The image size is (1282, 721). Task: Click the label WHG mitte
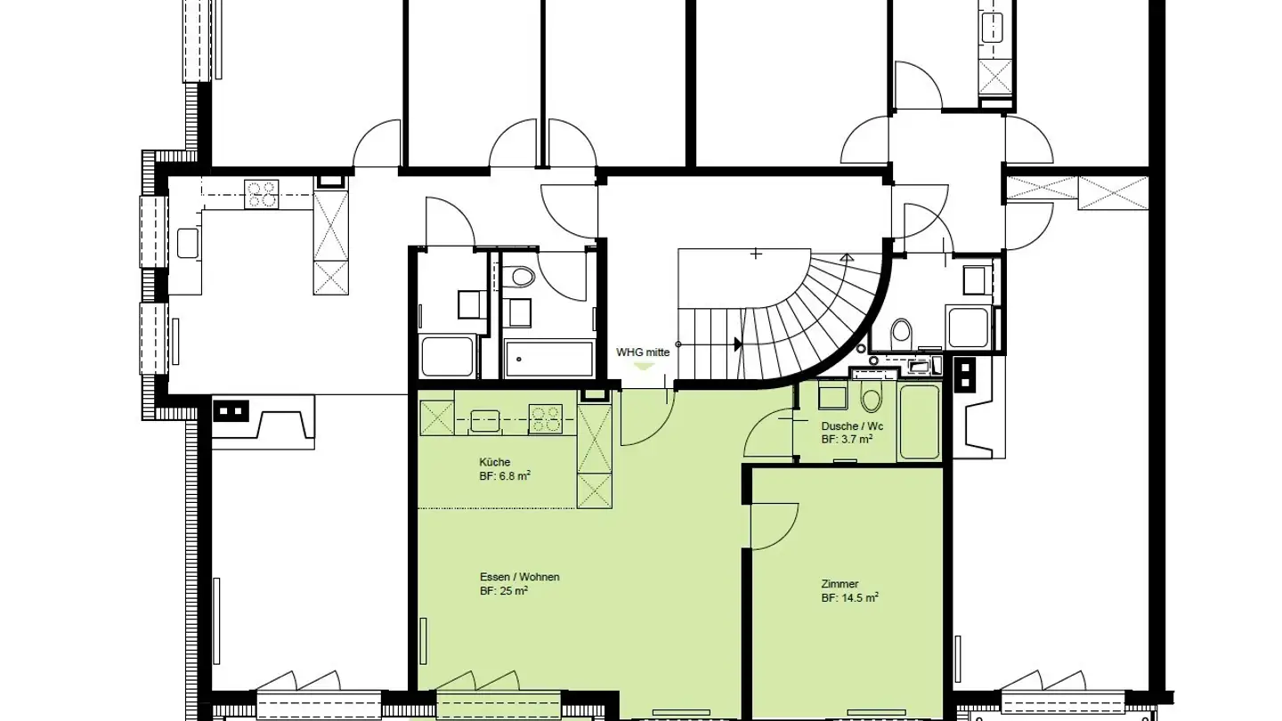[643, 352]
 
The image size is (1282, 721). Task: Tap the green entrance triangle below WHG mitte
[643, 366]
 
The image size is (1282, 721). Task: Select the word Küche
[494, 462]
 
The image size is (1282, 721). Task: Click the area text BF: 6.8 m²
[505, 476]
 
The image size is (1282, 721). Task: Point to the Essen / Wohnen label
[519, 577]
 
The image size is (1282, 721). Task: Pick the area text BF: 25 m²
[504, 591]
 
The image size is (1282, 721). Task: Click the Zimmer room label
[840, 584]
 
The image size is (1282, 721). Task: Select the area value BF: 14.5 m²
[849, 598]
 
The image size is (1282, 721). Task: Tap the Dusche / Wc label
[852, 426]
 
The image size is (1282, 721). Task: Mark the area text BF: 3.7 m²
[846, 440]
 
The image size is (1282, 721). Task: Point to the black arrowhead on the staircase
[737, 344]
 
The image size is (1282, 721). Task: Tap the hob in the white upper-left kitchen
[261, 193]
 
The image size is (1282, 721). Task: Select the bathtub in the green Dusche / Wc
[919, 421]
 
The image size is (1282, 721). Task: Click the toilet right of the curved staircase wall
[901, 333]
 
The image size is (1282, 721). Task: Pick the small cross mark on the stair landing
[756, 254]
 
